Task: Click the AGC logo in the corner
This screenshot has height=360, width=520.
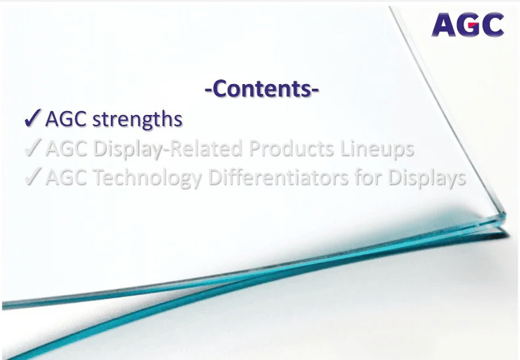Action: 467,24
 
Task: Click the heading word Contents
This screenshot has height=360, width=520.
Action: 262,89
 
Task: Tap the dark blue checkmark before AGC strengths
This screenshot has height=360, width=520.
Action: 33,118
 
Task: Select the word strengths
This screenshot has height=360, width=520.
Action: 137,119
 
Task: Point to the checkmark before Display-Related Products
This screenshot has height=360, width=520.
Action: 33,147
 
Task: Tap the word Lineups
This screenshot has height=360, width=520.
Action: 377,149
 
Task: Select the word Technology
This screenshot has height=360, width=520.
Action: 148,177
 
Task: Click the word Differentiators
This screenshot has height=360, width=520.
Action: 278,177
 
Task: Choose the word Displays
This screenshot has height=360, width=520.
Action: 427,178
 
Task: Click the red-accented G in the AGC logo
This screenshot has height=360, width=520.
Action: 467,25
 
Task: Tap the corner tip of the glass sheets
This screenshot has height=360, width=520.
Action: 506,214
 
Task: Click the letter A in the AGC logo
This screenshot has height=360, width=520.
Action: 443,25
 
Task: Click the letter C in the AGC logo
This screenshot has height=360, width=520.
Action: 492,25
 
